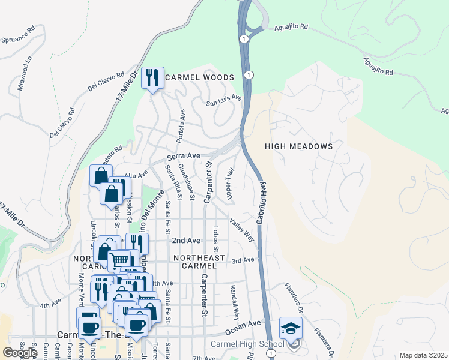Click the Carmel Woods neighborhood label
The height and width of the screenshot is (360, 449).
tap(199, 77)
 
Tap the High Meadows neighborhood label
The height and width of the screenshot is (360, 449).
tap(298, 146)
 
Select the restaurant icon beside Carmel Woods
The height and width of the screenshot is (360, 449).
tap(152, 78)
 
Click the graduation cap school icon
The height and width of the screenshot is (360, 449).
tap(291, 329)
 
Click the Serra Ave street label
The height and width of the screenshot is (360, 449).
tap(183, 156)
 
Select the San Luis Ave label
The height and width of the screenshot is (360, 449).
tap(224, 101)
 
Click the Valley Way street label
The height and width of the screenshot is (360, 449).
tap(241, 229)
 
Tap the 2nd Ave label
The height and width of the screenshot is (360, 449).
tap(186, 240)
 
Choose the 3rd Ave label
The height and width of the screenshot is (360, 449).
tap(244, 260)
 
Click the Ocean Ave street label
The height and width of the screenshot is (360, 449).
tap(244, 326)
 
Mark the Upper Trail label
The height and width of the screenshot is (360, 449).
tap(229, 184)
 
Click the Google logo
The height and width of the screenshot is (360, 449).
tap(20, 352)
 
